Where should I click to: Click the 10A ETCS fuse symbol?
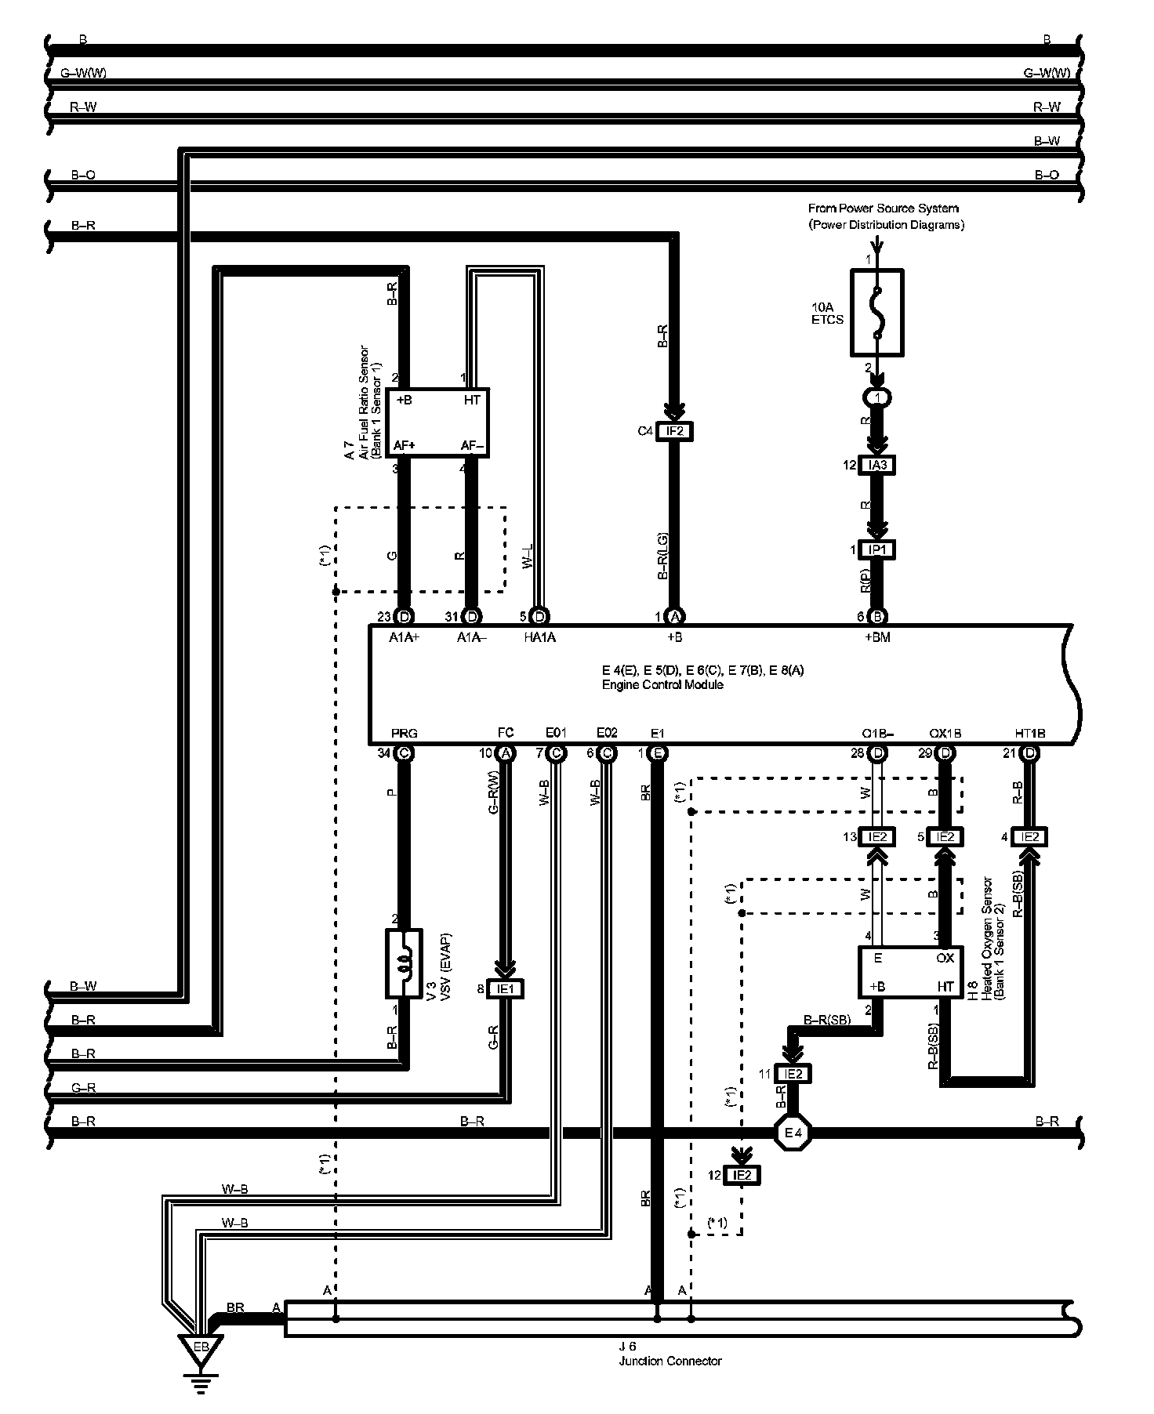pyautogui.click(x=877, y=313)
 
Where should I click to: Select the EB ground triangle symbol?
pyautogui.click(x=201, y=1347)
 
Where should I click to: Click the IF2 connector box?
pyautogui.click(x=674, y=431)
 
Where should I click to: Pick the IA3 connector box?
pyautogui.click(x=877, y=465)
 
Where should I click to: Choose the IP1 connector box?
pyautogui.click(x=877, y=549)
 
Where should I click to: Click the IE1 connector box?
pyautogui.click(x=505, y=989)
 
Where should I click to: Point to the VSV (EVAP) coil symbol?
pyautogui.click(x=404, y=963)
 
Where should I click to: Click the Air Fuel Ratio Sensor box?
pyautogui.click(x=440, y=422)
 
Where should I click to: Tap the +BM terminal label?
pyautogui.click(x=877, y=637)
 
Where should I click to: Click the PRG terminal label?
pyautogui.click(x=404, y=734)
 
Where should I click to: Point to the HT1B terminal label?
pyautogui.click(x=1030, y=734)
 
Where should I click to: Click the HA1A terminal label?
pyautogui.click(x=539, y=637)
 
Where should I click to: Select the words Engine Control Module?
pyautogui.click(x=662, y=684)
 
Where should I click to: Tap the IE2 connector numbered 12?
pyautogui.click(x=742, y=1175)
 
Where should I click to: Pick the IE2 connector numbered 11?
pyautogui.click(x=792, y=1074)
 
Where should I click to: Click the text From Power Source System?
pyautogui.click(x=883, y=208)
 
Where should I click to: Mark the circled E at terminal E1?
pyautogui.click(x=658, y=753)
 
